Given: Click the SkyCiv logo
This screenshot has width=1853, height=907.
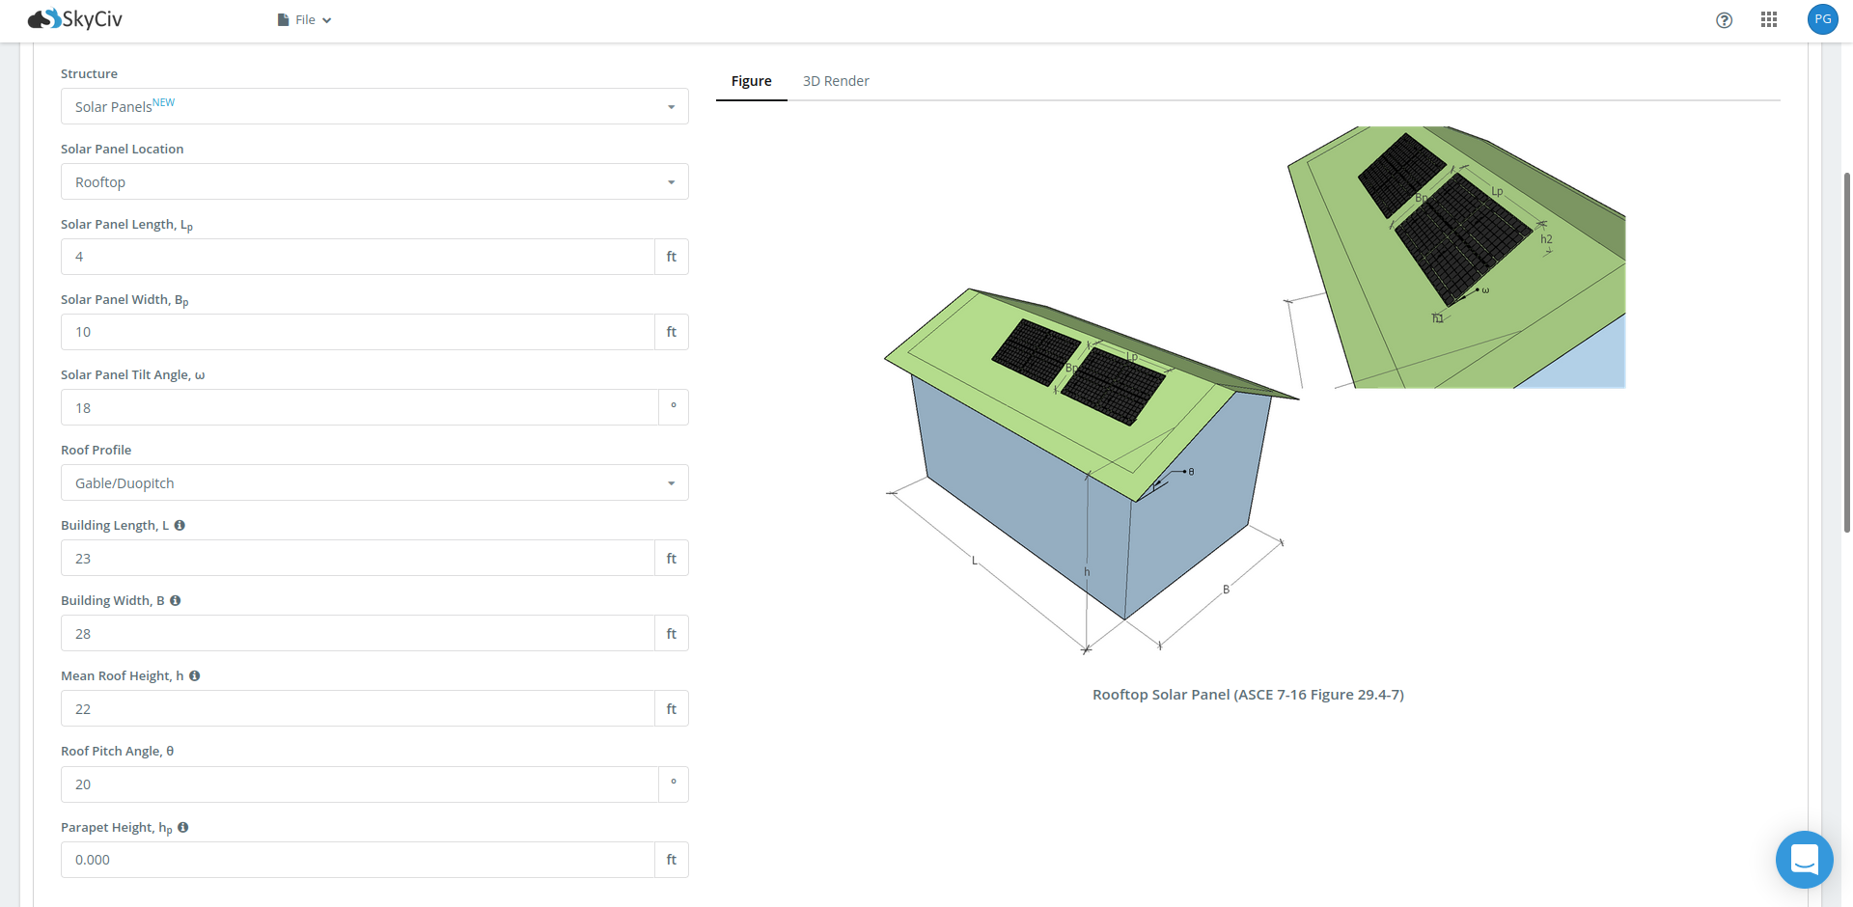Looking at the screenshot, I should [75, 19].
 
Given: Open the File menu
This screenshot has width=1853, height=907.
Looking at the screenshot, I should [304, 19].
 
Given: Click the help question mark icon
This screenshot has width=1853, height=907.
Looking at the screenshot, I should [1724, 20].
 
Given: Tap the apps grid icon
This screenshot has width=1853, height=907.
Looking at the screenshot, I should [1768, 19].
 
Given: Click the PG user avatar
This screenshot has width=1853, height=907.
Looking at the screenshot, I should [1822, 19].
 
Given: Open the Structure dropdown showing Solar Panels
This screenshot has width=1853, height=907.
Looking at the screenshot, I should [374, 106].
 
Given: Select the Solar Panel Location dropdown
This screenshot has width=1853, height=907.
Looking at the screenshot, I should [374, 181].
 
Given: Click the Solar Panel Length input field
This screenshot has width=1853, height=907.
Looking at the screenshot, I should [357, 257].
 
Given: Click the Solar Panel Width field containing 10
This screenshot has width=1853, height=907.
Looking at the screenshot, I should [357, 332].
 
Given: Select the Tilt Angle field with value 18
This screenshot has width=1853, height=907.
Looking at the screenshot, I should [359, 407].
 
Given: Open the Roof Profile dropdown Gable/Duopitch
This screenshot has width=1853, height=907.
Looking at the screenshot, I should [374, 482].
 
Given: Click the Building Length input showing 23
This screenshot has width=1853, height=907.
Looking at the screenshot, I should [357, 558].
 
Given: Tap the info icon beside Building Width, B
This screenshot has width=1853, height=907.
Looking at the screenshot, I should [175, 600].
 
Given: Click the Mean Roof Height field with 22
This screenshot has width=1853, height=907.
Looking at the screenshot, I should [357, 708].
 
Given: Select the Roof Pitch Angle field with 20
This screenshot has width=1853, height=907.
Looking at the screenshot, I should [359, 783].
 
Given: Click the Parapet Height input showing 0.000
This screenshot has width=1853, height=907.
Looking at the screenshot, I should [357, 859].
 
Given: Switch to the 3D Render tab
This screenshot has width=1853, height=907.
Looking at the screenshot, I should [836, 81].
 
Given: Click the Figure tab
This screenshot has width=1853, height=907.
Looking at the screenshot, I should [751, 81].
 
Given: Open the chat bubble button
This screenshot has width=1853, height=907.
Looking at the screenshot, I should [1804, 859].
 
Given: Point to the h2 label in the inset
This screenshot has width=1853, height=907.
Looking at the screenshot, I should [1546, 239].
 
